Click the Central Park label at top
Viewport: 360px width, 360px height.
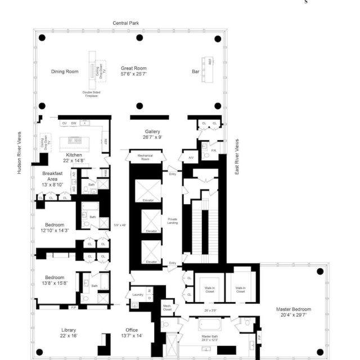click(125, 23)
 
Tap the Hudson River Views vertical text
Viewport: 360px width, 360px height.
click(19, 154)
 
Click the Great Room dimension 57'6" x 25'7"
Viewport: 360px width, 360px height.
click(133, 74)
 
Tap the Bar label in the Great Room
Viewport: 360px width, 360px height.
click(196, 71)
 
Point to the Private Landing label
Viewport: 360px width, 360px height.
click(173, 221)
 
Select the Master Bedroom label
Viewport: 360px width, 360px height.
click(293, 309)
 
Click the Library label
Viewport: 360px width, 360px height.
click(69, 330)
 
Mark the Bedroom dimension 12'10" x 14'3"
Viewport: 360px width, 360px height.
click(55, 230)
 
